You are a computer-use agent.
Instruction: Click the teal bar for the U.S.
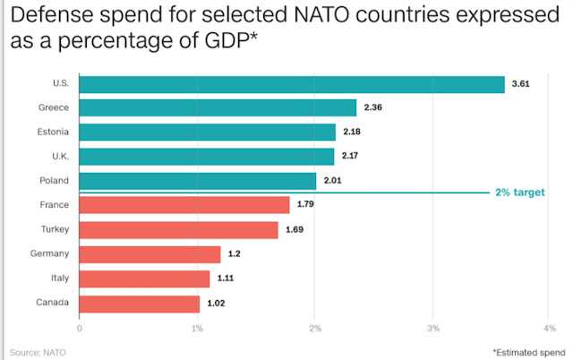[x=292, y=84]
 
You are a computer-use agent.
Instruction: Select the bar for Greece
[x=218, y=108]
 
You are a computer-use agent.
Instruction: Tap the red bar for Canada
[x=140, y=303]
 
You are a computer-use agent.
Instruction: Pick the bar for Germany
[x=150, y=254]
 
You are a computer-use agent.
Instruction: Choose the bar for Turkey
[x=179, y=230]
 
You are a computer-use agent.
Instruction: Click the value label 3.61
[x=519, y=84]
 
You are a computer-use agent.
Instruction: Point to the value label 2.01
[x=331, y=182]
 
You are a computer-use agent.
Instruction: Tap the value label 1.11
[x=225, y=279]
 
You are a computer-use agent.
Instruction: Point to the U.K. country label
[x=60, y=157]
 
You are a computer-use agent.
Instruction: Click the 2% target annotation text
[x=520, y=193]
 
